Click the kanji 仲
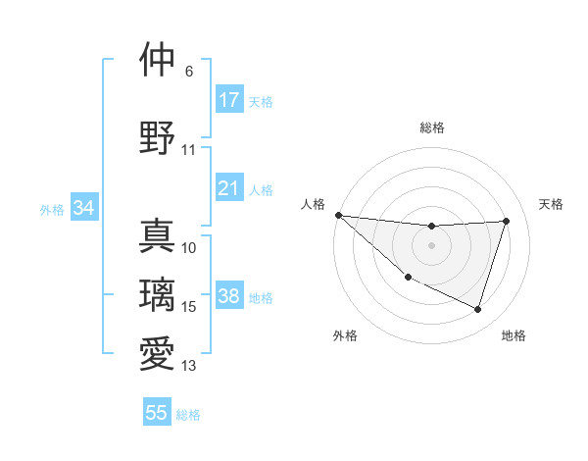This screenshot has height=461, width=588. [157, 60]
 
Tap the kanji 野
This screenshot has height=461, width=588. [157, 136]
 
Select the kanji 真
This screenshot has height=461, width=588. [157, 235]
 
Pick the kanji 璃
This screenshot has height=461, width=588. [157, 293]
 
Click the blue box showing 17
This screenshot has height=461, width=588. [229, 100]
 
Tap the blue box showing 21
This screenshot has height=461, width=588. [229, 188]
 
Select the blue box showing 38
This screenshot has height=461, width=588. [229, 297]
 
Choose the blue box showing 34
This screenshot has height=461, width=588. [84, 208]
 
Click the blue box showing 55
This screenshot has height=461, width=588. [157, 413]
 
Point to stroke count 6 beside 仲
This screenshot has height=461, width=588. [189, 72]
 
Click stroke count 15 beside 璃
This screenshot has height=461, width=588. [189, 307]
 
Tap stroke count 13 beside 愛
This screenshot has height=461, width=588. [189, 366]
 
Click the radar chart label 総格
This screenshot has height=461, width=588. [431, 128]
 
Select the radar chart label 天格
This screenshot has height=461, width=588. [552, 204]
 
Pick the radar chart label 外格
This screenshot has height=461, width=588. [345, 335]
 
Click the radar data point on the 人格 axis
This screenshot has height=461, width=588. [338, 215]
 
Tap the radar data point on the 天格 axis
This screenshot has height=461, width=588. [506, 221]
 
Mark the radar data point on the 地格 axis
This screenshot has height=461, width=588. [477, 309]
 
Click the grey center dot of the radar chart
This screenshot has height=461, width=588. [431, 245]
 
